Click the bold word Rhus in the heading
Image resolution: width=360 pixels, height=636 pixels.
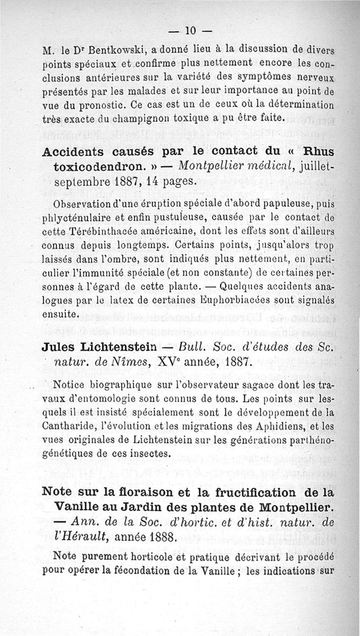coord(318,152)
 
